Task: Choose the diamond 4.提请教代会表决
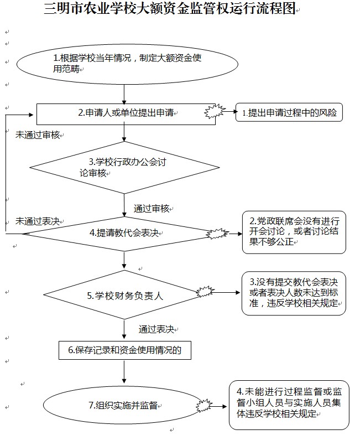(124, 234)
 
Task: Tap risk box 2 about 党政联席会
(294, 231)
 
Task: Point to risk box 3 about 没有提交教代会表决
(294, 294)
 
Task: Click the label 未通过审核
(38, 134)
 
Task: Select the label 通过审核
(152, 208)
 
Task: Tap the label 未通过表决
(38, 220)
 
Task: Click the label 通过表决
(156, 329)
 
